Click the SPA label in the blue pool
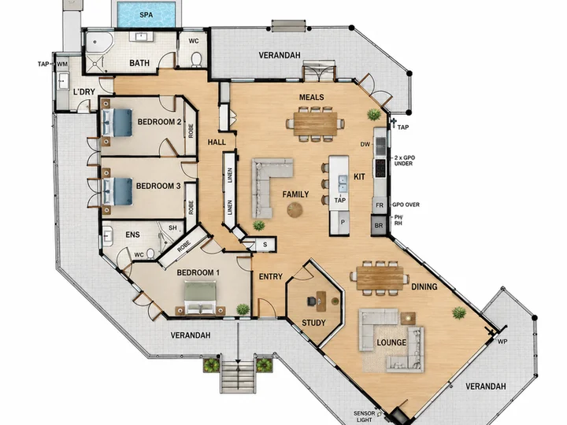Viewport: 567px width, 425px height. click(x=146, y=15)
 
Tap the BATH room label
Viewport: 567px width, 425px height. click(x=139, y=63)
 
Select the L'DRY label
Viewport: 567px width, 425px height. click(x=84, y=92)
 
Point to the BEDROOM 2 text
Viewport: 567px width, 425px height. click(x=159, y=122)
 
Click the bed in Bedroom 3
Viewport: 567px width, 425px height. click(x=117, y=191)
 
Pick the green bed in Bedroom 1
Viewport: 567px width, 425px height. click(x=200, y=298)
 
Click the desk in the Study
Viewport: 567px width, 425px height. click(x=321, y=301)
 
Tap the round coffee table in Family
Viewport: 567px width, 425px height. click(x=295, y=210)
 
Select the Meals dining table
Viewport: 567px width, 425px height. click(x=315, y=124)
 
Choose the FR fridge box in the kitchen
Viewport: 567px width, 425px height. click(x=380, y=205)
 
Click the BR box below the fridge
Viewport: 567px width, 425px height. click(x=379, y=225)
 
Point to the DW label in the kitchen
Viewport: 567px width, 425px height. click(x=365, y=144)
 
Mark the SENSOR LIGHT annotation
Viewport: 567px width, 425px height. click(x=364, y=416)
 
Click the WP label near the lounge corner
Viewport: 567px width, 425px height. click(x=502, y=341)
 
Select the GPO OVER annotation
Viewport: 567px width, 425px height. click(x=406, y=205)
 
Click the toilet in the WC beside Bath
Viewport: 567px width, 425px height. click(x=196, y=60)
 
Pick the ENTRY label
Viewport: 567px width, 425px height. click(x=270, y=276)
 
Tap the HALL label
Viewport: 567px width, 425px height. click(x=217, y=142)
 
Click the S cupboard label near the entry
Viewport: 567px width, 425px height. click(x=265, y=245)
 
